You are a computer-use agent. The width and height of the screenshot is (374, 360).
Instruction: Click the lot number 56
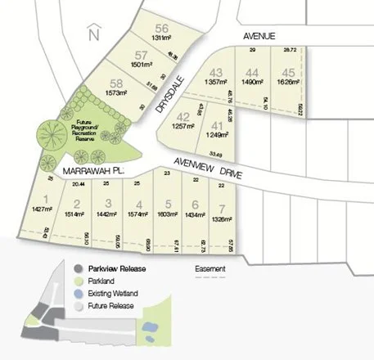click(161, 26)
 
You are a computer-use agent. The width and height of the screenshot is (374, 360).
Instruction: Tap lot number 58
click(117, 83)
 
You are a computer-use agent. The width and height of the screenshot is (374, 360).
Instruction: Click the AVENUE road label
click(259, 36)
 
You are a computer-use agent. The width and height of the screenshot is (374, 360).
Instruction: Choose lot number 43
click(217, 72)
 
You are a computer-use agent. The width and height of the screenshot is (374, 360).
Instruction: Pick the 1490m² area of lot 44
click(251, 83)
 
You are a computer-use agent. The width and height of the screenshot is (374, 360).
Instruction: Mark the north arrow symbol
click(93, 34)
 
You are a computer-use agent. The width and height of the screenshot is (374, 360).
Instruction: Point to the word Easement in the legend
click(210, 268)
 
